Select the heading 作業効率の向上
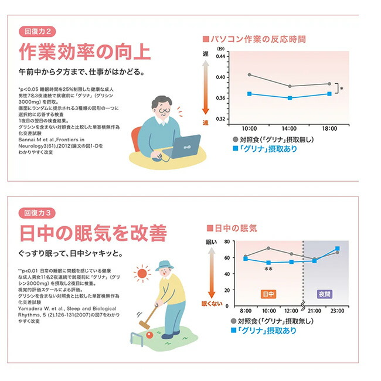click(x=85, y=52)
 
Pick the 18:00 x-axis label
click(x=329, y=127)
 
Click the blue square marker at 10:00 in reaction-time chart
click(x=250, y=94)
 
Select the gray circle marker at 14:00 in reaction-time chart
click(x=290, y=86)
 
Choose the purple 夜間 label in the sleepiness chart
click(x=324, y=292)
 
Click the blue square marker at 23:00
click(x=337, y=249)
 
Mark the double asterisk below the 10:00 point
click(x=268, y=270)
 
